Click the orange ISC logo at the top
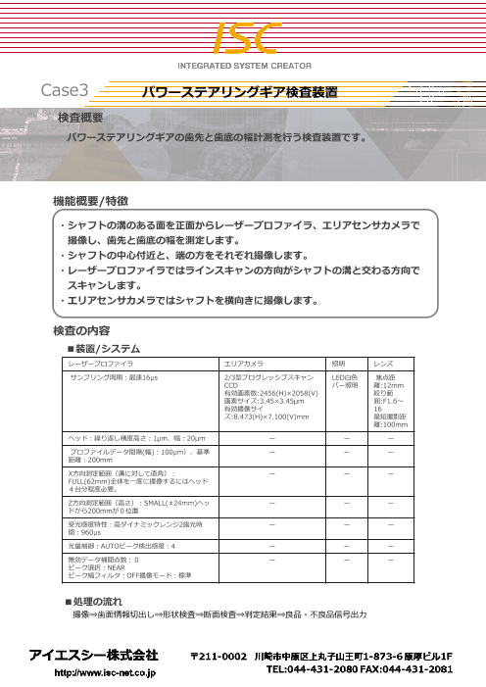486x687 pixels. [x=243, y=37]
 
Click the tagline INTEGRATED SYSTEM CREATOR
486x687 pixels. [x=242, y=66]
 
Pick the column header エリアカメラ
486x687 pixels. [x=244, y=364]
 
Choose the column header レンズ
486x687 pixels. [x=385, y=364]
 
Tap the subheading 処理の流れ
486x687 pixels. [x=100, y=599]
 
